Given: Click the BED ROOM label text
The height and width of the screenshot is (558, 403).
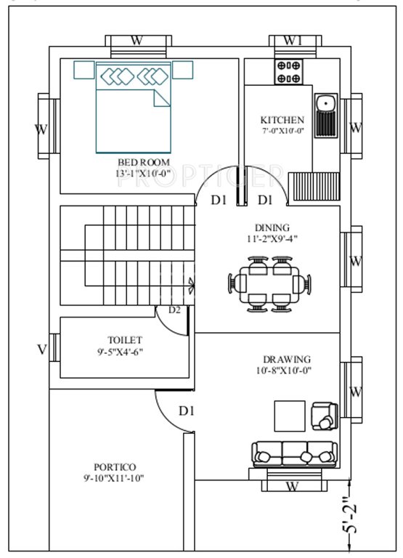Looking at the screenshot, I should point(143,162).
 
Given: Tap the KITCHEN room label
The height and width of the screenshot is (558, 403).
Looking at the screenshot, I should point(282,120).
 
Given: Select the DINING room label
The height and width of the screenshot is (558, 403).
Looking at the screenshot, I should point(272,227).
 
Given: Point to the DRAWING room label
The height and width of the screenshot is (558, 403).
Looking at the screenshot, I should point(287,359).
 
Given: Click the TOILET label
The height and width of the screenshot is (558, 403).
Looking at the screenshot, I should point(125,339).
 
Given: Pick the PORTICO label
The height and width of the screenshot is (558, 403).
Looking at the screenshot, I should point(115,466).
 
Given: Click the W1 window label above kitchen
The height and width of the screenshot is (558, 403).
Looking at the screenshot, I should point(293,41).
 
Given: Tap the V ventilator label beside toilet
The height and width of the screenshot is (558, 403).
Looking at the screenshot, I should point(41,349).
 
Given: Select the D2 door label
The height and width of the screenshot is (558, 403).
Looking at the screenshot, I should point(174,310).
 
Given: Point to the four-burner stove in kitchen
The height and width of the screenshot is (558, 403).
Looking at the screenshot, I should point(289,72).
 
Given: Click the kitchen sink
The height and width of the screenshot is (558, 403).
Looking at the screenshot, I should point(326,115).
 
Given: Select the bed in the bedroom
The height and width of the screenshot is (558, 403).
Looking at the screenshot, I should point(134,108).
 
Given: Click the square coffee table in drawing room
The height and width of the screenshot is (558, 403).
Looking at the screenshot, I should point(289,415).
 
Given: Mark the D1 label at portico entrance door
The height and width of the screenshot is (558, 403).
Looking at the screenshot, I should point(187,411).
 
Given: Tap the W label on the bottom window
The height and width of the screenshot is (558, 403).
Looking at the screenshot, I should point(291,485).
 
